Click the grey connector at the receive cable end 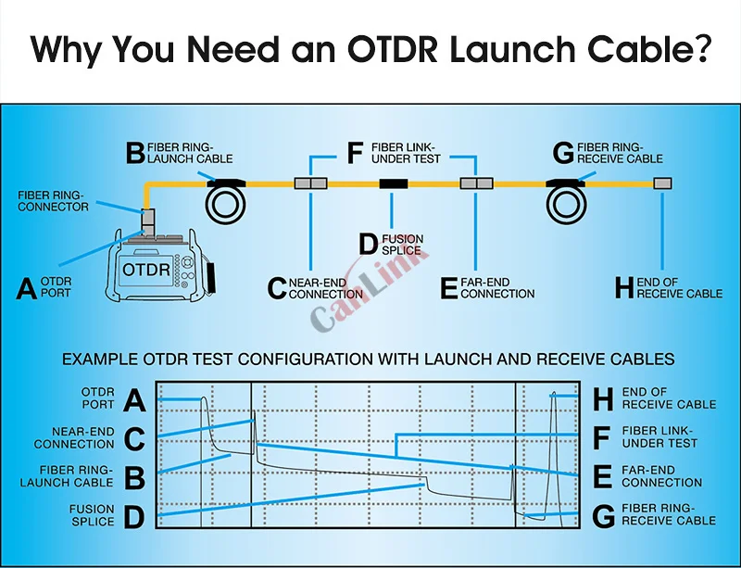point(662,183)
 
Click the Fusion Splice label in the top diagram point(401,245)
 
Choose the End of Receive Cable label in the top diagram point(679,287)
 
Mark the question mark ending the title point(701,48)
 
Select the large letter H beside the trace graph point(603,399)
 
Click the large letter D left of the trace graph point(134,515)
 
